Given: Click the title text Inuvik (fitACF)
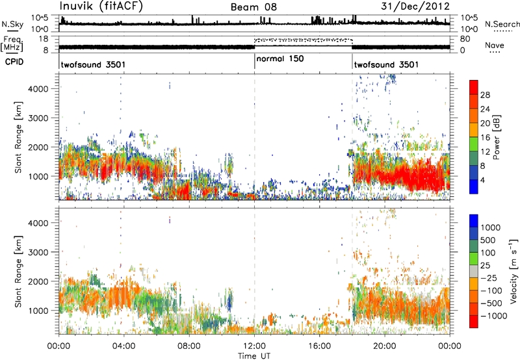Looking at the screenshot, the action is [101, 6].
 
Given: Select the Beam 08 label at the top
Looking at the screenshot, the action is [253, 7].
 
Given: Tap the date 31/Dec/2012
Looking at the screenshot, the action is [415, 6].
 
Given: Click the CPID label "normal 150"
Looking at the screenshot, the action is [280, 58].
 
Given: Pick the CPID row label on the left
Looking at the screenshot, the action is [14, 61].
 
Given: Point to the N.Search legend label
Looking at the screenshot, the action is [502, 24].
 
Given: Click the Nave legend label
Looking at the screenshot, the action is [495, 45].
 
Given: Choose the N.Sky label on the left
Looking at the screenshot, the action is [12, 24].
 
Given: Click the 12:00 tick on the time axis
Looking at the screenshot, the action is [254, 346].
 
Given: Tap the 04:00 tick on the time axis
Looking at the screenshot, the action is [124, 346].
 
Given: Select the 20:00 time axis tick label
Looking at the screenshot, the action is [385, 346].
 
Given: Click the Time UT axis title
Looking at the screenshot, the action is [254, 356].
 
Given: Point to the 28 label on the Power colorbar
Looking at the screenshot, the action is [485, 95].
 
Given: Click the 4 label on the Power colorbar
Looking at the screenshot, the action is [483, 180].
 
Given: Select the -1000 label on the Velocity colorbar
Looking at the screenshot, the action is [494, 316].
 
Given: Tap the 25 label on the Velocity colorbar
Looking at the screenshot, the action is [485, 265].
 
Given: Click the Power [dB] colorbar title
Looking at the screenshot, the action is [497, 137].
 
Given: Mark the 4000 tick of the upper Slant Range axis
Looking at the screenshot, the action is [38, 89].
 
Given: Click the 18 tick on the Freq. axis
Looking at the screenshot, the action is [43, 39].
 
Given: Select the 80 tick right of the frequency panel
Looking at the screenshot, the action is [465, 39].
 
